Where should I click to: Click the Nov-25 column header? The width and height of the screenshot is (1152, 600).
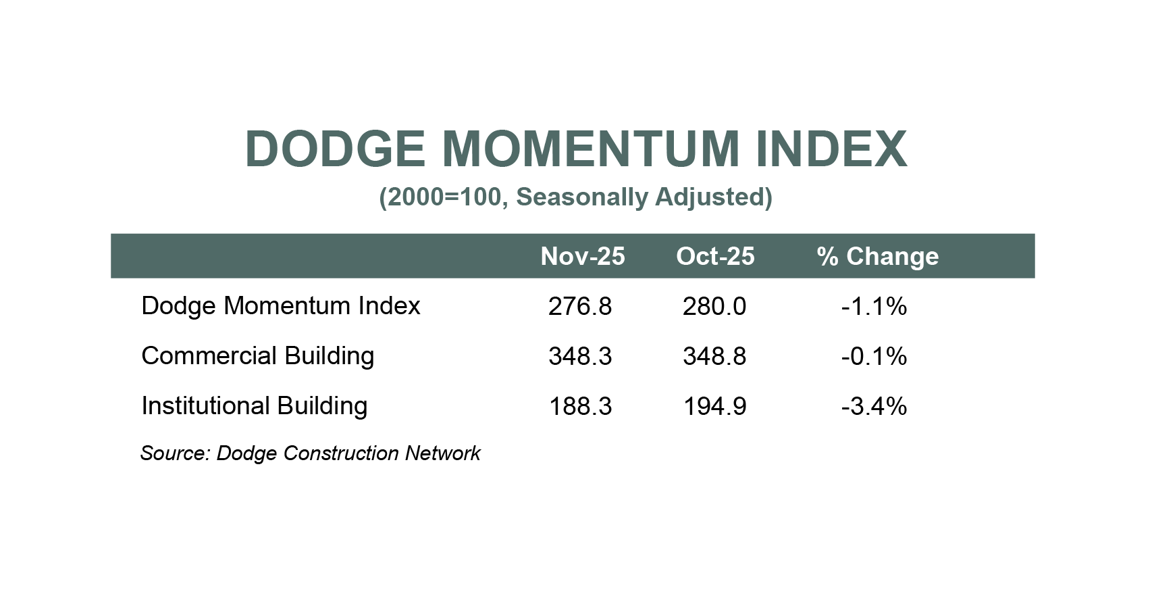(x=582, y=256)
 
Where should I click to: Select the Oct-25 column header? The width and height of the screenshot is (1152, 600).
(x=715, y=256)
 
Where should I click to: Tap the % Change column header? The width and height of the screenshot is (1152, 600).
(x=877, y=256)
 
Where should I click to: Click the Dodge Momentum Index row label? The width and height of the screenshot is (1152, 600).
(x=280, y=306)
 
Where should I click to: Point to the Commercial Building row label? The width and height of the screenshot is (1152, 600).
(x=257, y=356)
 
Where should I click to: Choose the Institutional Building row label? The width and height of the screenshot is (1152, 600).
(x=254, y=406)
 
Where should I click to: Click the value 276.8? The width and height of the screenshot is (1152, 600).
(x=580, y=307)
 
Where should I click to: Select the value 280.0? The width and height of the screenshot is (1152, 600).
(x=714, y=307)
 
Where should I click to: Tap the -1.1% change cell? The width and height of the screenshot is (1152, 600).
(x=874, y=307)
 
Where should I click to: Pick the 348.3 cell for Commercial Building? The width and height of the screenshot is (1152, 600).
(x=580, y=357)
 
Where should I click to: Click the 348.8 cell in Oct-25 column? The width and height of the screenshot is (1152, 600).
(x=714, y=357)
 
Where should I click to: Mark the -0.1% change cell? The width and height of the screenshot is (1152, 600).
(x=874, y=357)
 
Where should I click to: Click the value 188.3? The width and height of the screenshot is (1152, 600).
(x=580, y=407)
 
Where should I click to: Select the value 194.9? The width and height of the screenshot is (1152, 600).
(x=714, y=407)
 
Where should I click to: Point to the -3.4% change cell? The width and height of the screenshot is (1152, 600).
(x=874, y=407)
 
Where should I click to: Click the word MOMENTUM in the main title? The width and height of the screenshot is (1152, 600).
(x=591, y=149)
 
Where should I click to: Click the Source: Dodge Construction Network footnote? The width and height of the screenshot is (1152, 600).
(x=310, y=453)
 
